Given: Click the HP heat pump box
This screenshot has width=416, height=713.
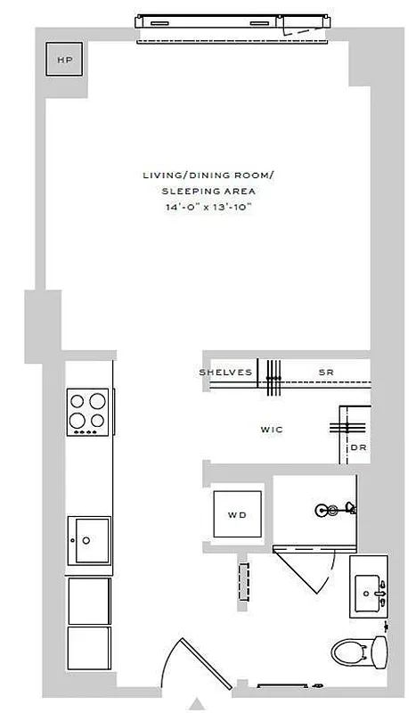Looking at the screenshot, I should [x=63, y=61].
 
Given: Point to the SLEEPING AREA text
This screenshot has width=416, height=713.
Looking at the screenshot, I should [x=208, y=192].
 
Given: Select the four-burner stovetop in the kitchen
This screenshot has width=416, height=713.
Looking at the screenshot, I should [x=89, y=413].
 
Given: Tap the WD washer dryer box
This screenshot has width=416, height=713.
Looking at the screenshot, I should [x=237, y=513].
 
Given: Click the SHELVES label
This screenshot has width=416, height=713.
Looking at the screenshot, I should [x=225, y=373].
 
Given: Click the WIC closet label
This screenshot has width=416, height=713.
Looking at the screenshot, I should [x=272, y=430].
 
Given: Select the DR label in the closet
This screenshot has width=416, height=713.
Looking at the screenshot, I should [x=358, y=448].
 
